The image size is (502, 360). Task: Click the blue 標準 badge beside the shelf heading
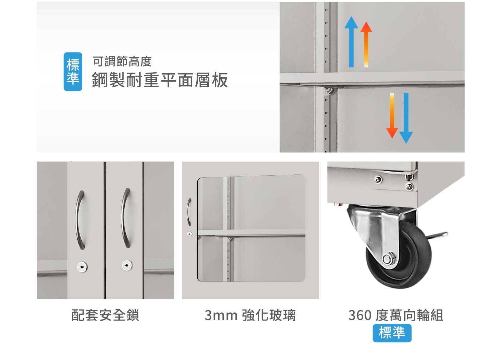(x=73, y=72)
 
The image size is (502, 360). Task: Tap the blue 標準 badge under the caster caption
(x=392, y=333)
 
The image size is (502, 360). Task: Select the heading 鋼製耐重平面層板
(x=160, y=80)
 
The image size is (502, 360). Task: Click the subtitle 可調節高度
(x=122, y=62)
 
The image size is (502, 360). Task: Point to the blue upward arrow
(x=351, y=42)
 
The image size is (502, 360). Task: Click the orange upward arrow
(x=366, y=44)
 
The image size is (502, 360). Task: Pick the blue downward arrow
(x=406, y=118)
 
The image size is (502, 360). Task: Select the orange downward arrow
(x=392, y=115)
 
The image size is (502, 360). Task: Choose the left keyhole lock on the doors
(x=82, y=267)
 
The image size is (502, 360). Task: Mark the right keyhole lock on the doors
(x=127, y=265)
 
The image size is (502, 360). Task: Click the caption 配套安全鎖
(x=105, y=315)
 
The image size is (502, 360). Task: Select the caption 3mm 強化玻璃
(x=250, y=315)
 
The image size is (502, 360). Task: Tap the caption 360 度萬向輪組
(x=396, y=315)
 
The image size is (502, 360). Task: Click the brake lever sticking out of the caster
(x=437, y=235)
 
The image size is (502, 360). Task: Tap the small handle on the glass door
(x=189, y=212)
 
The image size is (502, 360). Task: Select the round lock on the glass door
(x=190, y=234)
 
